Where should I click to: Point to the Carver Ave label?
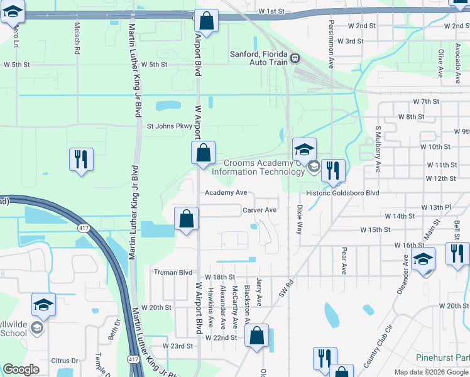(260, 210)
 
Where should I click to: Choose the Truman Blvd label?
(173, 273)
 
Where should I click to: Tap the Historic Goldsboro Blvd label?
(342, 194)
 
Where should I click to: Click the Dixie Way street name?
(299, 219)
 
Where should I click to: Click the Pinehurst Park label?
(442, 357)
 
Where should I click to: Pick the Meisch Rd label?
(77, 38)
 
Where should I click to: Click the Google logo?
(21, 369)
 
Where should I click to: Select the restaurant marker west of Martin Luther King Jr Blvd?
(81, 160)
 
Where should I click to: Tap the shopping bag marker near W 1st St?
(206, 21)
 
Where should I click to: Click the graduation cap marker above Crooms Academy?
(304, 150)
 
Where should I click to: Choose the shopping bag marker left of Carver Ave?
(187, 219)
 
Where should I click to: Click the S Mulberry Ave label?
(378, 149)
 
